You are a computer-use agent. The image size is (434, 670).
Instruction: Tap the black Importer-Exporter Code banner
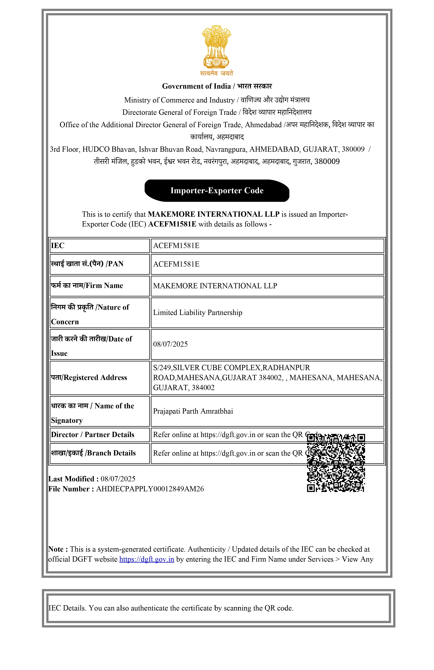[217, 191]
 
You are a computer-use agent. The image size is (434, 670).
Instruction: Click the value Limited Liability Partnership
[197, 312]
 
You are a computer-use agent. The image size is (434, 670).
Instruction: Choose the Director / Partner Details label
[93, 435]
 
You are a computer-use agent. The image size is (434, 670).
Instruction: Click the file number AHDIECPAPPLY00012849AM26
[150, 489]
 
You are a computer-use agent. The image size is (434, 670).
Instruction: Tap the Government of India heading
[217, 86]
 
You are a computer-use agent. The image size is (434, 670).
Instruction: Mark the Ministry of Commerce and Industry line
[217, 100]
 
